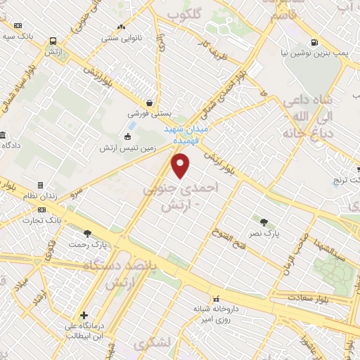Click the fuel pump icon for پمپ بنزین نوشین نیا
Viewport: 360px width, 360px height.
[x=314, y=41]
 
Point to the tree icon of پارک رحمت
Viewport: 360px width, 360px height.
[x=87, y=233]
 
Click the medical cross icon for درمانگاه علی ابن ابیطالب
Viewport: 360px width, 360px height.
[x=84, y=316]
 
